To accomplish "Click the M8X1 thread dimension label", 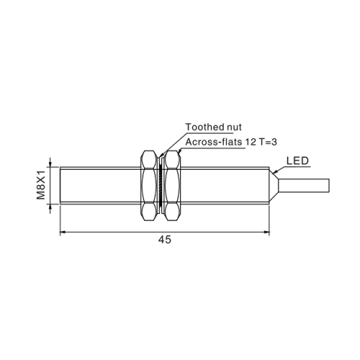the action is coord(41,185).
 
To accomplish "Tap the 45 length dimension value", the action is coord(165,240).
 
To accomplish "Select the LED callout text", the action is coord(297,161).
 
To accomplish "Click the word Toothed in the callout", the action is coord(202,127).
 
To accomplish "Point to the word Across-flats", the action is coord(214,142).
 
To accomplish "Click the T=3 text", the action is coord(267,142).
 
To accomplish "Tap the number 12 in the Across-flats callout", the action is coord(250,142).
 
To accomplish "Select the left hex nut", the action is coord(149,186).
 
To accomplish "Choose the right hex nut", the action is coord(172,186).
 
